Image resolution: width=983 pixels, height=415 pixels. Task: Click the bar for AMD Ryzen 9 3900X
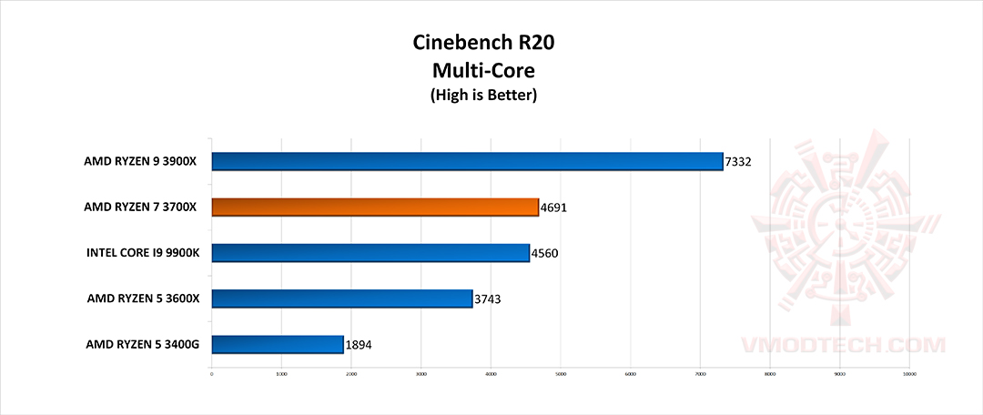(x=467, y=162)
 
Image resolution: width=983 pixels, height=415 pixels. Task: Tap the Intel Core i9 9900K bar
(x=370, y=253)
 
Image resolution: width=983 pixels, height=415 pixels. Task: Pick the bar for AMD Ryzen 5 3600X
(x=342, y=299)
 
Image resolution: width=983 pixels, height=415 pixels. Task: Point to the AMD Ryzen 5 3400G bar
(x=278, y=344)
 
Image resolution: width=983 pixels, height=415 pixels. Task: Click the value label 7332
(x=738, y=162)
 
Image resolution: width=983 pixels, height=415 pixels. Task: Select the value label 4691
(x=554, y=207)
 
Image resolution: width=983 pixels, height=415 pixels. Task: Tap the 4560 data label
(x=545, y=253)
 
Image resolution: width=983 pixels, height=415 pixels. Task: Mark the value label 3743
(x=488, y=299)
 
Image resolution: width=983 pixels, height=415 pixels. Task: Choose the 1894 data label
(x=359, y=345)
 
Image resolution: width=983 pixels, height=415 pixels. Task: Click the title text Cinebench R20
(x=483, y=42)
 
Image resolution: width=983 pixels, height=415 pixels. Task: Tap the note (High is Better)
(x=483, y=94)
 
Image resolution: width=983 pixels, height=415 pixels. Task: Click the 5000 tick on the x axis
(x=561, y=373)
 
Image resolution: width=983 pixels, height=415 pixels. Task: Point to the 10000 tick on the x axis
(x=908, y=373)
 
